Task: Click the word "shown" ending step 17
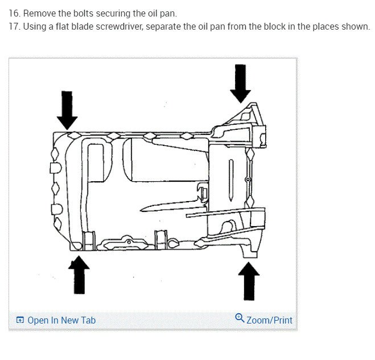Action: tap(356, 27)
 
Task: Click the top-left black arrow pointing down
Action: tap(67, 109)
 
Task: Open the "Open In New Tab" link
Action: tap(61, 320)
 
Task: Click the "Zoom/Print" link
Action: tap(269, 320)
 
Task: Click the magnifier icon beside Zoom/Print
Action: tap(240, 318)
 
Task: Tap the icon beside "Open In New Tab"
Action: tap(20, 320)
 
